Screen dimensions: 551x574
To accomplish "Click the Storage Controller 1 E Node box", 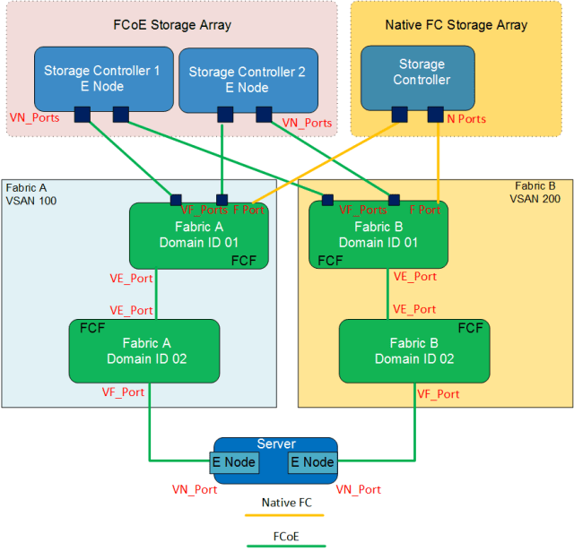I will pyautogui.click(x=102, y=78).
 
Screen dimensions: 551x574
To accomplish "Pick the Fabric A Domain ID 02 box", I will pyautogui.click(x=144, y=351).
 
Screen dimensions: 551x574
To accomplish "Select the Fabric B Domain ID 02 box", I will pyautogui.click(x=414, y=351).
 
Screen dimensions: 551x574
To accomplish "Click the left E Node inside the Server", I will pyautogui.click(x=234, y=462).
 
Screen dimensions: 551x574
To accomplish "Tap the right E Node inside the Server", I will pyautogui.click(x=312, y=462).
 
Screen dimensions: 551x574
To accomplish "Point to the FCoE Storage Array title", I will pyautogui.click(x=172, y=24).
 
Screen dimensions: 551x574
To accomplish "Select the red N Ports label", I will pyautogui.click(x=465, y=118).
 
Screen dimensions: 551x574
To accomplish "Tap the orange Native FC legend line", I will pyautogui.click(x=286, y=516).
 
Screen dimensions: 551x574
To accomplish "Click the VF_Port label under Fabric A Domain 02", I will pyautogui.click(x=123, y=392).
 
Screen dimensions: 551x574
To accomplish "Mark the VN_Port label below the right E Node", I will pyautogui.click(x=358, y=489).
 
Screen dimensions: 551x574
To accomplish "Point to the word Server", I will pyautogui.click(x=275, y=444).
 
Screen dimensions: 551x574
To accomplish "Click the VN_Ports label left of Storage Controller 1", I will pyautogui.click(x=35, y=116).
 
